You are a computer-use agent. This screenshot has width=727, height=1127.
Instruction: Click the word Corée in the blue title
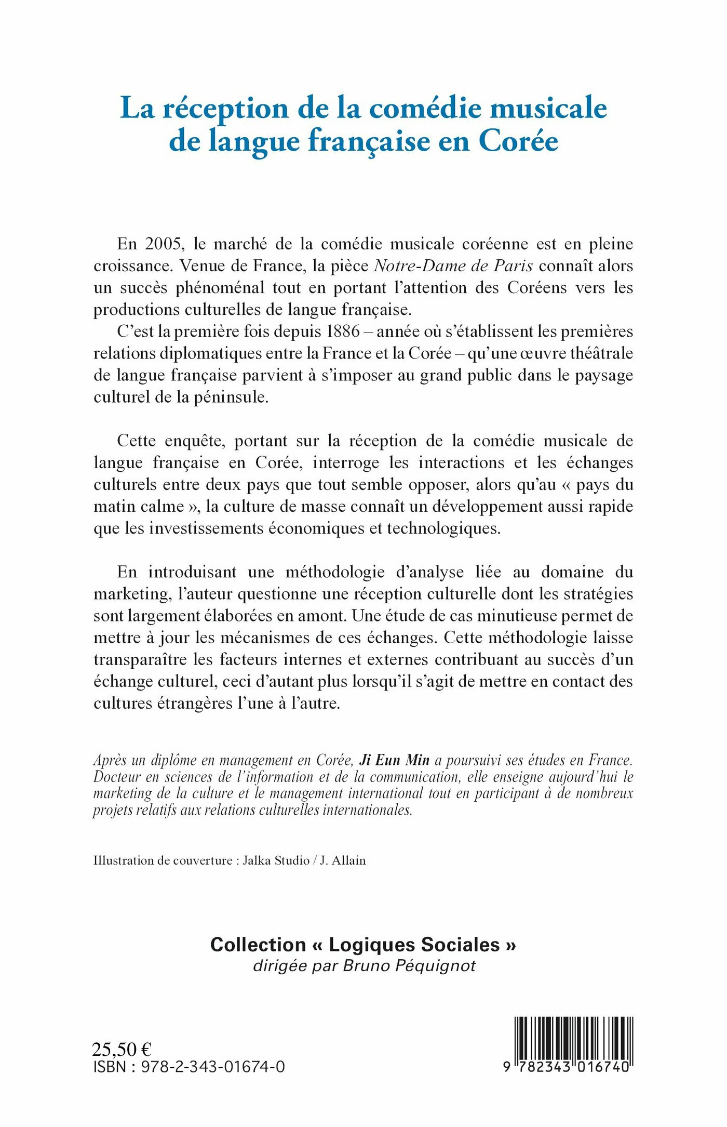pyautogui.click(x=518, y=141)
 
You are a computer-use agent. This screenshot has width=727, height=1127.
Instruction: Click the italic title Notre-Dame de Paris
pyautogui.click(x=453, y=266)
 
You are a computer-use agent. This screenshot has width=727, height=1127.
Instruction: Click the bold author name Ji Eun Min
pyautogui.click(x=395, y=761)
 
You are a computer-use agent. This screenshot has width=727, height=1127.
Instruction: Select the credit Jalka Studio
pyautogui.click(x=276, y=860)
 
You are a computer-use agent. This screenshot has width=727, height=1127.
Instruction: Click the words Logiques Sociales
pyautogui.click(x=414, y=945)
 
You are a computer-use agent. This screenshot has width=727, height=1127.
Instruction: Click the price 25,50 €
pyautogui.click(x=122, y=1050)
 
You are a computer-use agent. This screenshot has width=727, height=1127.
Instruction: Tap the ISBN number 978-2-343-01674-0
pyautogui.click(x=213, y=1067)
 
